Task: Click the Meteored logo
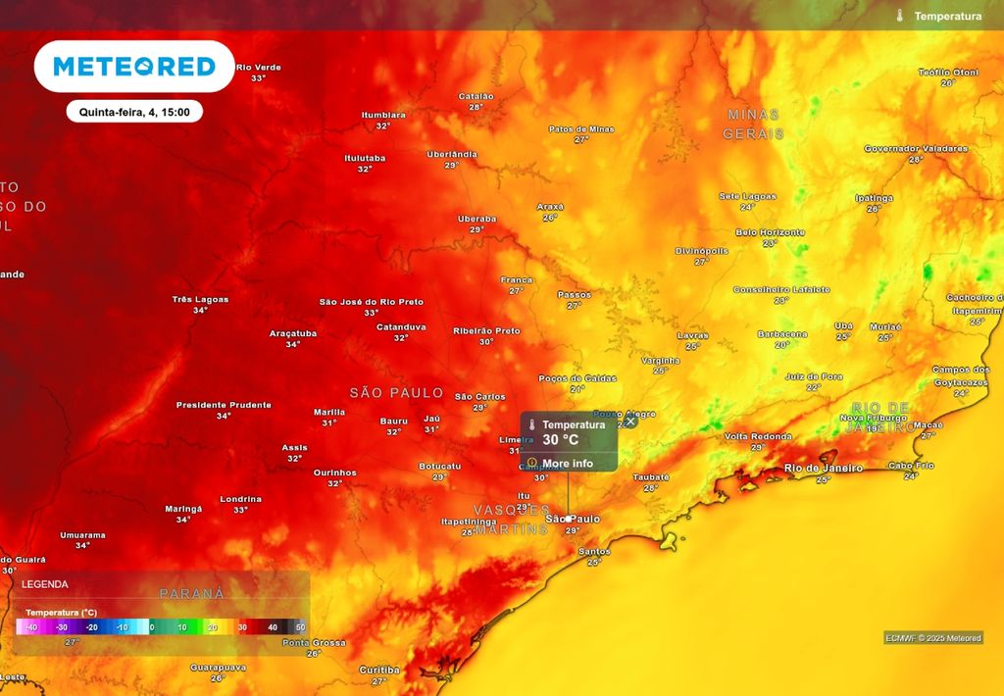click(x=134, y=67)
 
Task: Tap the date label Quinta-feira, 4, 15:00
click(x=134, y=112)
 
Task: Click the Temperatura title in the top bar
click(x=946, y=16)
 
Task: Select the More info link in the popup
click(x=568, y=463)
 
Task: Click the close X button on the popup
click(x=630, y=421)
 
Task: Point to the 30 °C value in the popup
click(x=561, y=440)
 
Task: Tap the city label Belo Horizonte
click(x=770, y=232)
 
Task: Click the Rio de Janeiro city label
click(x=824, y=469)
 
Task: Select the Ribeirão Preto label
click(x=486, y=331)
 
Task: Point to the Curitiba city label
click(x=378, y=670)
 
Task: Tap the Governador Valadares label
click(x=916, y=149)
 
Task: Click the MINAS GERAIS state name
click(x=753, y=124)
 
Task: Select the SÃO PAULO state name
click(x=396, y=392)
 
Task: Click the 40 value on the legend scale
click(x=273, y=627)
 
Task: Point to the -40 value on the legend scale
click(x=31, y=627)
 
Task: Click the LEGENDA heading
click(x=45, y=584)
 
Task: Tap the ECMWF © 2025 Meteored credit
click(x=932, y=638)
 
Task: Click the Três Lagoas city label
click(x=200, y=299)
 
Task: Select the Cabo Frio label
click(x=911, y=466)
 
